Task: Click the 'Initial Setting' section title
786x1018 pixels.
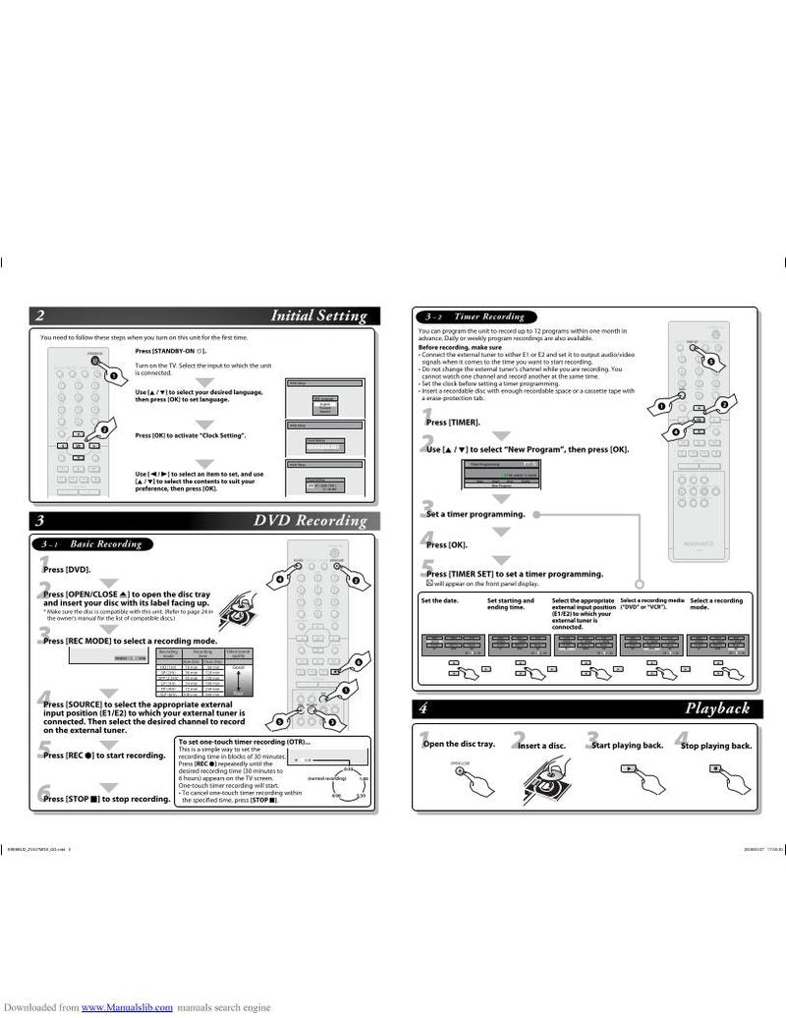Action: pyautogui.click(x=318, y=316)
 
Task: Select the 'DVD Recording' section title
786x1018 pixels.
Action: pyautogui.click(x=309, y=521)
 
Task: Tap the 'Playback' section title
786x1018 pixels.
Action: pyautogui.click(x=717, y=708)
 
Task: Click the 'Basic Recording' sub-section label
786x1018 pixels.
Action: pyautogui.click(x=105, y=543)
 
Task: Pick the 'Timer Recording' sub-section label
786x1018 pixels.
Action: pyautogui.click(x=488, y=316)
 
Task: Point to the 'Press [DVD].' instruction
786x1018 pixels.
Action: pyautogui.click(x=67, y=569)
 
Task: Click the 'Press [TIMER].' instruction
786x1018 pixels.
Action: pyautogui.click(x=453, y=422)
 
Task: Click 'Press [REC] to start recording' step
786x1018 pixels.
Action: pyautogui.click(x=103, y=755)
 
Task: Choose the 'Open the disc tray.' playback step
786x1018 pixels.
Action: pyautogui.click(x=458, y=744)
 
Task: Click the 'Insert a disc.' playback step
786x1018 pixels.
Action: pyautogui.click(x=543, y=746)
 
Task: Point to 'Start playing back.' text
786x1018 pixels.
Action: pyautogui.click(x=627, y=745)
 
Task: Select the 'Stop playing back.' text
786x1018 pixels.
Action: pyautogui.click(x=716, y=746)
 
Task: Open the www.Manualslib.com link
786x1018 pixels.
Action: pyautogui.click(x=127, y=1007)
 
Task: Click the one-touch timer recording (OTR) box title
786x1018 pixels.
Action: pyautogui.click(x=245, y=741)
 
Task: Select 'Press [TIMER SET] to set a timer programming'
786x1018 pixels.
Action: pyautogui.click(x=514, y=574)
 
